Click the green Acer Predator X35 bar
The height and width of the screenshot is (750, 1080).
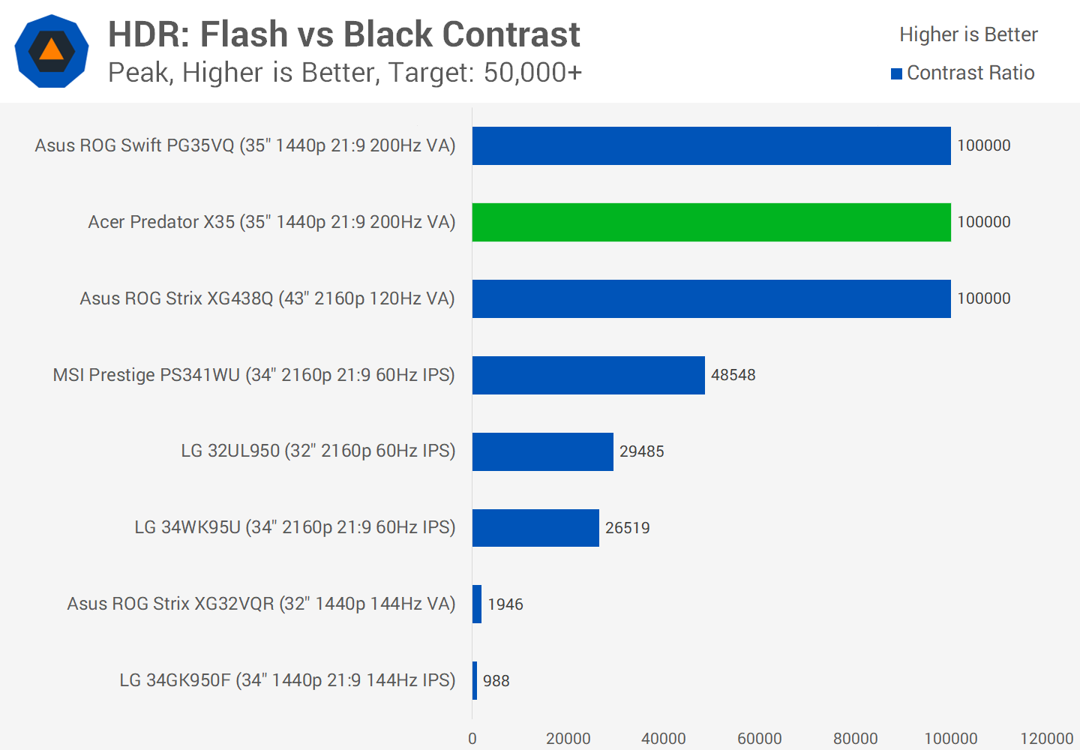711,222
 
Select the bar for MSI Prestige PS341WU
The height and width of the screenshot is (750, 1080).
588,375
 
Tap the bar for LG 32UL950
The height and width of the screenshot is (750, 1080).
542,451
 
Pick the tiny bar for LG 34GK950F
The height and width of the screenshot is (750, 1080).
475,680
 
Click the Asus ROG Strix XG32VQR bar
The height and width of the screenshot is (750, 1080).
477,604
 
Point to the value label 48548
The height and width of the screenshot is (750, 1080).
733,375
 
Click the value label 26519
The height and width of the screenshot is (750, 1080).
627,528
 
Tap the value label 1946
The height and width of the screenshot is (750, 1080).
505,604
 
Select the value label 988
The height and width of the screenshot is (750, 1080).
496,681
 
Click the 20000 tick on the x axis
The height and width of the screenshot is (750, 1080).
568,739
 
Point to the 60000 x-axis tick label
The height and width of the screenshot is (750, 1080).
759,739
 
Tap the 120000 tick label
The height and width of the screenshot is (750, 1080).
1046,739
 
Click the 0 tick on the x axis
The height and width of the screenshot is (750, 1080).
472,739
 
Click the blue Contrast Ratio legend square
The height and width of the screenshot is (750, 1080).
896,73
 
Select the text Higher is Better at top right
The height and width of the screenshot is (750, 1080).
968,34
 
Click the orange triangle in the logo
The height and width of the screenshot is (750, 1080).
51,50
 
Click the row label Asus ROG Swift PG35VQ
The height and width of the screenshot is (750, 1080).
245,145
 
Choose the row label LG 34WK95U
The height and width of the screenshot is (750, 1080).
295,528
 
